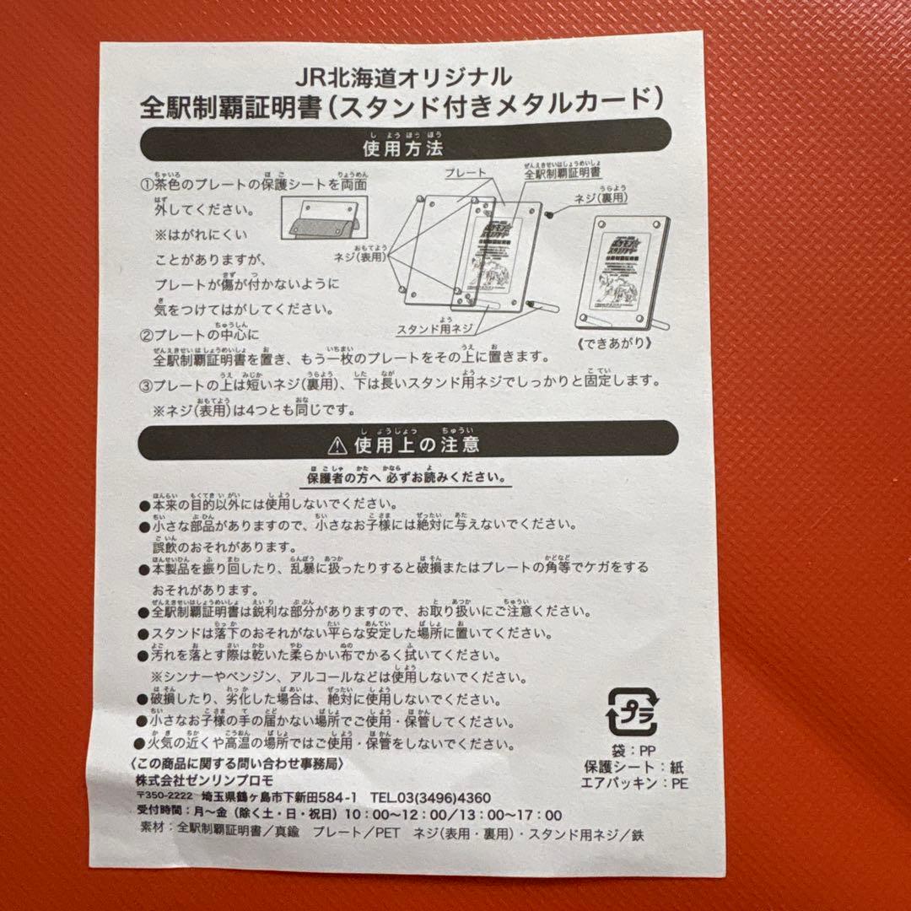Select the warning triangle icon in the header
pyautogui.click(x=338, y=443)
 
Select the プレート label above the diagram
pyautogui.click(x=465, y=172)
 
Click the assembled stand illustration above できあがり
pyautogui.click(x=623, y=272)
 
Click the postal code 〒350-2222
pyautogui.click(x=164, y=798)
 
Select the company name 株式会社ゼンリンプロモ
pyautogui.click(x=199, y=780)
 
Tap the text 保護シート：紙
pyautogui.click(x=632, y=766)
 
